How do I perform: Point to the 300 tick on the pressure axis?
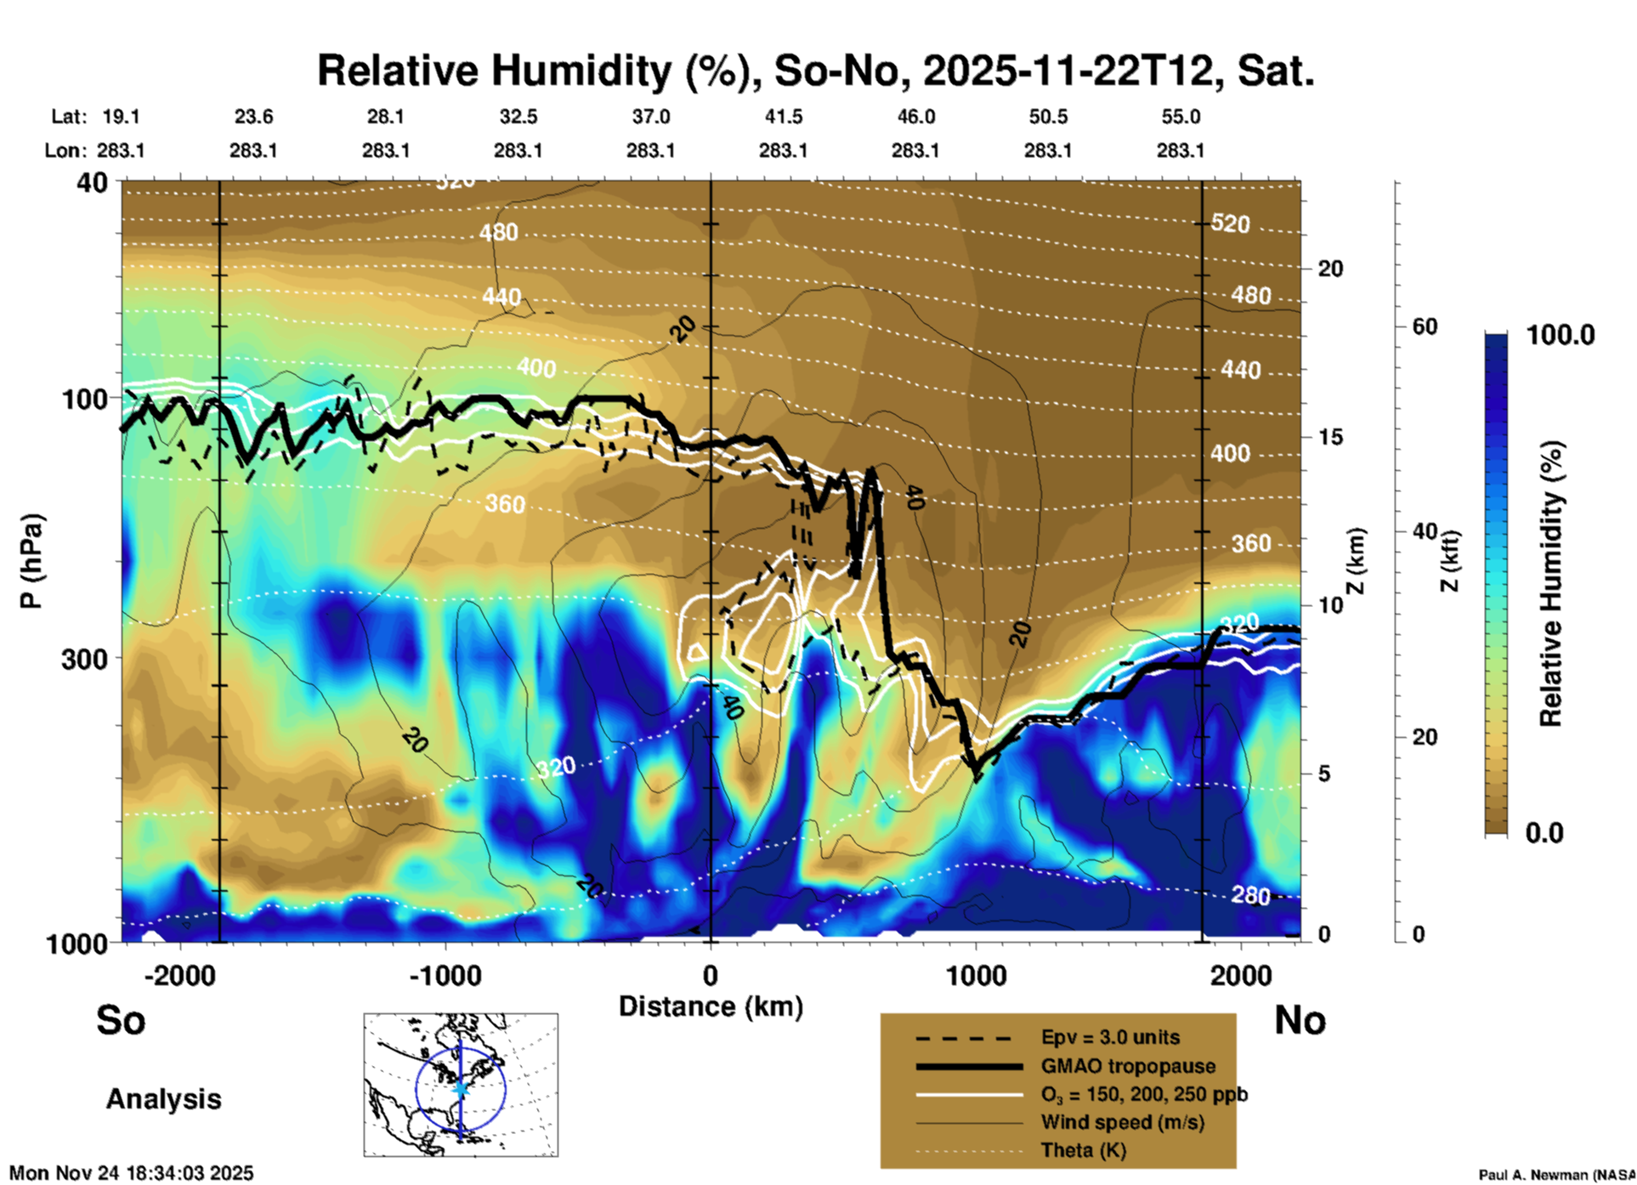(x=84, y=658)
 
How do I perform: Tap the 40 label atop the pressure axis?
(x=93, y=183)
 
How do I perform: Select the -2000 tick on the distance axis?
(x=179, y=975)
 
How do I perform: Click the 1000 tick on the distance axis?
(x=976, y=975)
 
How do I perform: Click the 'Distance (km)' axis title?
(x=711, y=1006)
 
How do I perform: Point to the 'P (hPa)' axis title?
(x=31, y=561)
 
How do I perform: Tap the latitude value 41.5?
(x=783, y=116)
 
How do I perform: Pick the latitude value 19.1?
(x=121, y=116)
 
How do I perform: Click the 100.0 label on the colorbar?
(x=1561, y=335)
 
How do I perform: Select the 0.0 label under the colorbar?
(x=1544, y=833)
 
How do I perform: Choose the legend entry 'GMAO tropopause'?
(x=1128, y=1066)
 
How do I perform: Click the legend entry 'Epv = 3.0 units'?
(x=1110, y=1038)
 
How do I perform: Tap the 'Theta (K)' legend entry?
(x=1083, y=1150)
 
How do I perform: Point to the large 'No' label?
(x=1300, y=1020)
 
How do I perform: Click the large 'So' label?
(x=121, y=1020)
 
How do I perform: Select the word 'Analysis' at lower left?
(x=163, y=1099)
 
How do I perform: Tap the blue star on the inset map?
(x=461, y=1088)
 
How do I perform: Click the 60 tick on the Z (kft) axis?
(x=1425, y=326)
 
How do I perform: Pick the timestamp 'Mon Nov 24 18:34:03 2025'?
(x=131, y=1173)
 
